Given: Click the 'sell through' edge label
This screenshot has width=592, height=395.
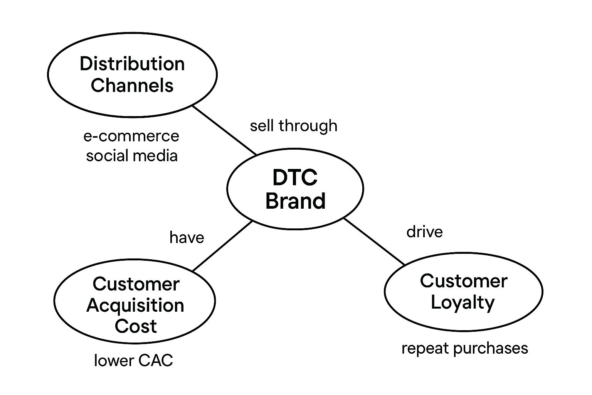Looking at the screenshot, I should point(294,126).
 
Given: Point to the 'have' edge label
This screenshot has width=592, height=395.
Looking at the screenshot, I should point(187,237).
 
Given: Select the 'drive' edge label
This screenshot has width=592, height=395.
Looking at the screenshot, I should point(424,232).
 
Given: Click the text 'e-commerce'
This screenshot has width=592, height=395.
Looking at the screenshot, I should point(131,136).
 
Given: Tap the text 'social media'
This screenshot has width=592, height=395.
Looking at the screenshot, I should point(132,155).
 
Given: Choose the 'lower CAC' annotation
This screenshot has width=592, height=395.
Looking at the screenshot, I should point(133,361).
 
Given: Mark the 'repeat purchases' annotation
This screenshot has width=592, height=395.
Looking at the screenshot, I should point(464,348).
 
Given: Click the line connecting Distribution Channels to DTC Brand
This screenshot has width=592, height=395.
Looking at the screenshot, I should point(225,130).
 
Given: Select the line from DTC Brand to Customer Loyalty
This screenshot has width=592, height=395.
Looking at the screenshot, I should point(375,241).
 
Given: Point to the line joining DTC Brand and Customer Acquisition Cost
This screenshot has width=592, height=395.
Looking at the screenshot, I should point(222,246).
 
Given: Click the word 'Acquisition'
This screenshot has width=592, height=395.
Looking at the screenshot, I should point(135,306).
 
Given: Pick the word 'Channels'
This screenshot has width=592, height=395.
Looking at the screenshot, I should point(132,85).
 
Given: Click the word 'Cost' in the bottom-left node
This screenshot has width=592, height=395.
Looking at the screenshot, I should point(135,326).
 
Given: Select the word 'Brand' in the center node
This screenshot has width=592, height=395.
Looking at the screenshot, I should point(295,201).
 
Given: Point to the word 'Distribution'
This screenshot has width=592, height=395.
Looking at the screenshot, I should point(132,64).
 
